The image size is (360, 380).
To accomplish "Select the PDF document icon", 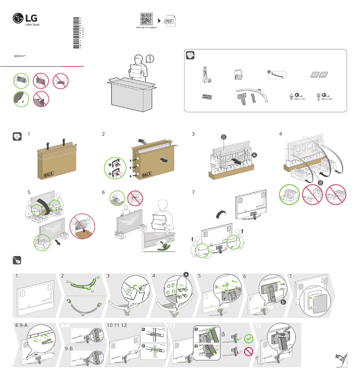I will (170, 21).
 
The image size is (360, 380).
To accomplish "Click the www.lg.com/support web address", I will (146, 28).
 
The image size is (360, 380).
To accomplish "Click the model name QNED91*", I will (20, 57).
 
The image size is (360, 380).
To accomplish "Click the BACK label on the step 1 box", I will (48, 174).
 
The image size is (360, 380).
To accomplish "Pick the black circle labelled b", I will (283, 303).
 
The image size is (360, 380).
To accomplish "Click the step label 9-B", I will (69, 349).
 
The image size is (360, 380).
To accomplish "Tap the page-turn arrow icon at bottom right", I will (341, 360).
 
